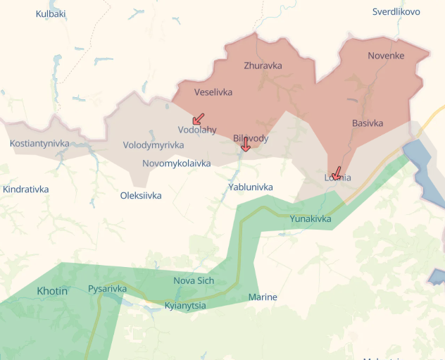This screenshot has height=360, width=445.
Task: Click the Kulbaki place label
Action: point(51,13)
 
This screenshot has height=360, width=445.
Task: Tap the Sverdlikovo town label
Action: point(396,11)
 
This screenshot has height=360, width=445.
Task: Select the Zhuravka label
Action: point(263,66)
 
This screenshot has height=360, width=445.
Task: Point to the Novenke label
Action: point(386,55)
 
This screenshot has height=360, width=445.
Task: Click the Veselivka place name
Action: point(213,92)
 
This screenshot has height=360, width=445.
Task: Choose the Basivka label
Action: point(368,123)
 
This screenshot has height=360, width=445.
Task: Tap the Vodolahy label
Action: point(197,130)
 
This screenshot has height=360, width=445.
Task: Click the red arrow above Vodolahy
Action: point(199,118)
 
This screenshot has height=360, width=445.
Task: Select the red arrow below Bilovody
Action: point(245,145)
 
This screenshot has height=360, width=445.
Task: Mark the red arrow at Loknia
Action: point(336,173)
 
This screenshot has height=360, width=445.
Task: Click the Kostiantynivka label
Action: point(39,143)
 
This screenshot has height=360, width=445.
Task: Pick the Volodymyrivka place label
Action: point(153,144)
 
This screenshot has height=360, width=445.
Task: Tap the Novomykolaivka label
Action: point(176,163)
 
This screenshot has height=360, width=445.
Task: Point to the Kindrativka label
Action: point(26,189)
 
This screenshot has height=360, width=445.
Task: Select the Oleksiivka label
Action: point(141,195)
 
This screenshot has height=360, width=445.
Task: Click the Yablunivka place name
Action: point(251,187)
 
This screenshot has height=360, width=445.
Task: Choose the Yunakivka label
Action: point(311,218)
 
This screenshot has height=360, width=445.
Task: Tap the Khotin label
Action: point(52,290)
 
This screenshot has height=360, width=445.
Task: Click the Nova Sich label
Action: point(194,280)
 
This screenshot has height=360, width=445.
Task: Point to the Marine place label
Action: point(263,297)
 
